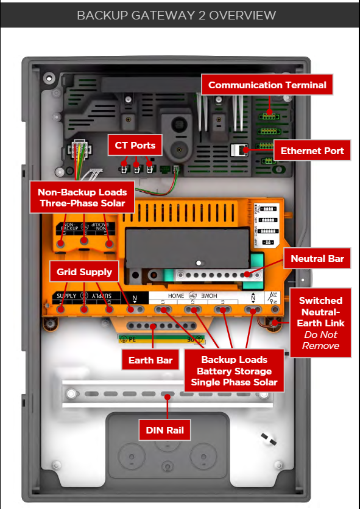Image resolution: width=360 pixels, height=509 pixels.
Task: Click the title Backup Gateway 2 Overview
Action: [x=176, y=15]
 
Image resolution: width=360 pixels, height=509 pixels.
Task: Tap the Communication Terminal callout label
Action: [x=267, y=85]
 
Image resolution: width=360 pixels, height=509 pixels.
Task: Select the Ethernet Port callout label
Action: [x=312, y=150]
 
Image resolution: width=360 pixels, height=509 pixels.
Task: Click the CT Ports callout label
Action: [x=135, y=146]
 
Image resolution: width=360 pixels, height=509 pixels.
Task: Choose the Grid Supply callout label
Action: [x=85, y=272]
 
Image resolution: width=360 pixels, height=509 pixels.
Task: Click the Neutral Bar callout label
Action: [x=317, y=259]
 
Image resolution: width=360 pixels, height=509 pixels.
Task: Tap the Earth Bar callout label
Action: [x=150, y=360]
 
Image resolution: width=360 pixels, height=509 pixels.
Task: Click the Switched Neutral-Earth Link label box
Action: [x=320, y=323]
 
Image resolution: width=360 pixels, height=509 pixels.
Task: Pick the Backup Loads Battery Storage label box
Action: [x=235, y=371]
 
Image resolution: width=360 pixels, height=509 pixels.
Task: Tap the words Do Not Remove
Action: [x=320, y=340]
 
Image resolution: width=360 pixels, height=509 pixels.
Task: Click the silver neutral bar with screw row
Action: [x=213, y=275]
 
